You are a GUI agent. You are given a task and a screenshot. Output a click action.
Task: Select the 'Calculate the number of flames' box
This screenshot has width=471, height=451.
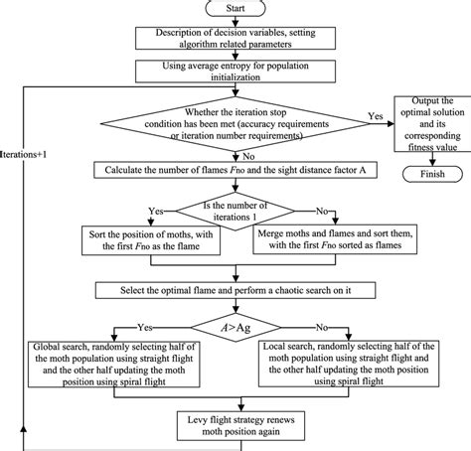point(235,170)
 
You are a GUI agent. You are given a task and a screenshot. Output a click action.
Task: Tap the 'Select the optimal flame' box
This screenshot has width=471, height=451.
point(235,289)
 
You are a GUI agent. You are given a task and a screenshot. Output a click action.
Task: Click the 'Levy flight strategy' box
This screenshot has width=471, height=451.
point(235,419)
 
